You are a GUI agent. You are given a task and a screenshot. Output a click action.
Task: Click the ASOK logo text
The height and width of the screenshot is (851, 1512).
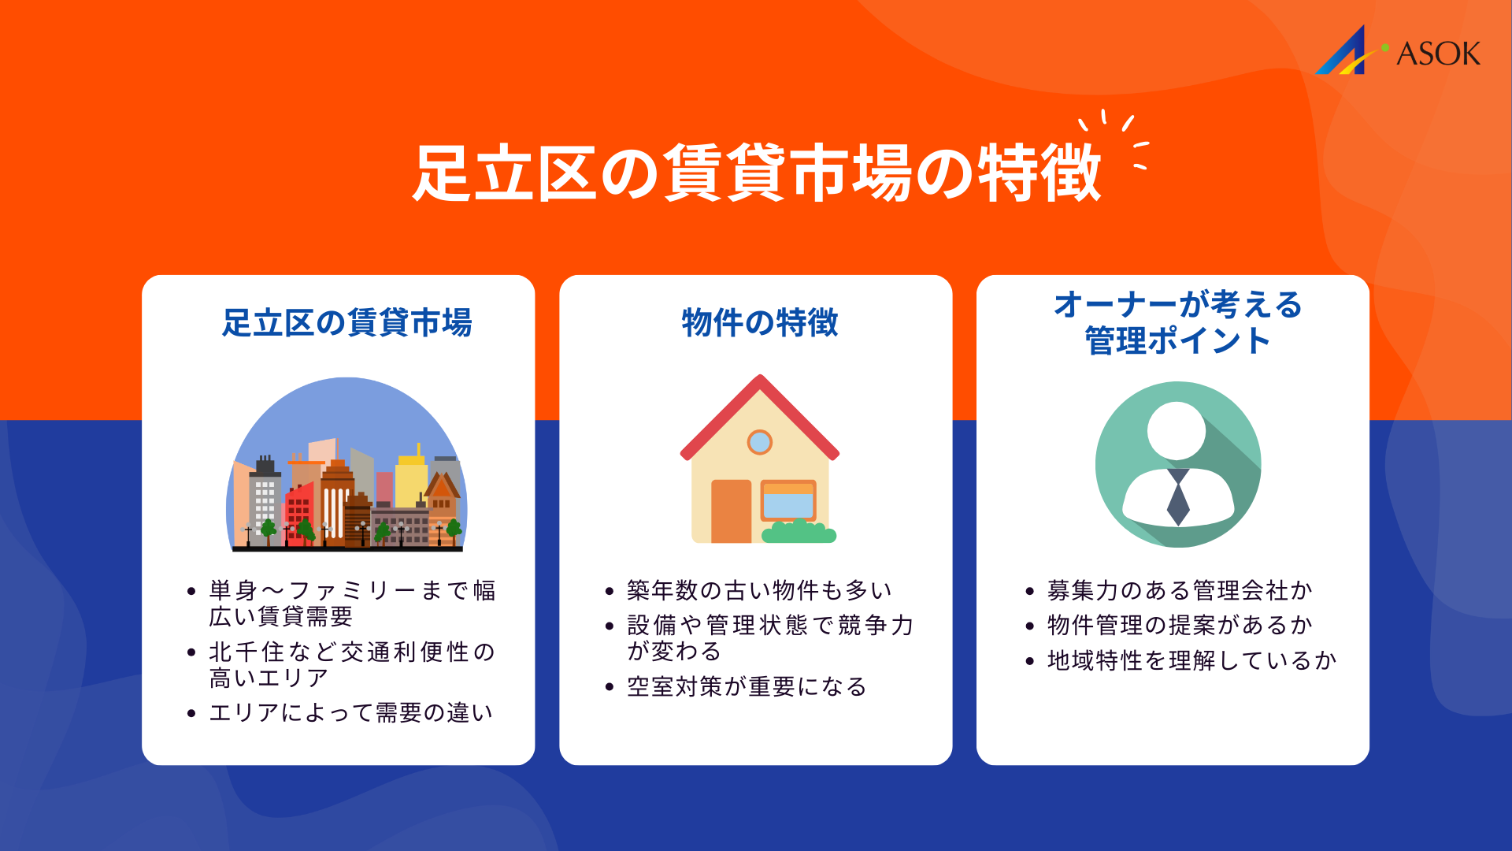(x=1438, y=54)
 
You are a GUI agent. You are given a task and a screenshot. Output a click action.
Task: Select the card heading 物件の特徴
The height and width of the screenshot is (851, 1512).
(x=759, y=323)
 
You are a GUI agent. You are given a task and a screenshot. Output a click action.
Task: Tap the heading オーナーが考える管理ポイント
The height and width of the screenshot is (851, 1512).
(x=1177, y=323)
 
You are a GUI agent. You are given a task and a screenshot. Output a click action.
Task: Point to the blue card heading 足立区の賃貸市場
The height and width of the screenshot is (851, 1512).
(x=346, y=323)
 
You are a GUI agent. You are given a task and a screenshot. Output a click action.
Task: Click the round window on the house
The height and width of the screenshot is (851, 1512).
(x=760, y=442)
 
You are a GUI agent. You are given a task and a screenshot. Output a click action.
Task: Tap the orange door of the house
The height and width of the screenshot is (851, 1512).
(x=731, y=511)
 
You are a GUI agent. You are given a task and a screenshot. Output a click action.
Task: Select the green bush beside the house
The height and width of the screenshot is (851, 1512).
(x=799, y=532)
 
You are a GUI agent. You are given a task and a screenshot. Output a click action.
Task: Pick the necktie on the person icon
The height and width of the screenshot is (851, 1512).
(x=1178, y=498)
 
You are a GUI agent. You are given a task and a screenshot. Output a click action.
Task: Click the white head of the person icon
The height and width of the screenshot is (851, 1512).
(x=1177, y=431)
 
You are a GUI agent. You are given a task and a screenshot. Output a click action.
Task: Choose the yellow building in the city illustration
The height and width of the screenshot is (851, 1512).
(x=410, y=481)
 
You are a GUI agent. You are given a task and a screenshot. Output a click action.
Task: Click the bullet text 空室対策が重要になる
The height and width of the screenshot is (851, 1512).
(x=747, y=687)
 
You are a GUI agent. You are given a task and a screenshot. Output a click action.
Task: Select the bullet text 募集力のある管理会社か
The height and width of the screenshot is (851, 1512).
(x=1180, y=590)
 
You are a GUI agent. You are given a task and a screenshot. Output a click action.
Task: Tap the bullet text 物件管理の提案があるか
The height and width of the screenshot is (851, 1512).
(x=1180, y=626)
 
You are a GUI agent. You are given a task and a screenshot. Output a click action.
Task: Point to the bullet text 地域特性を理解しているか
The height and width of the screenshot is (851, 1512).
(x=1191, y=660)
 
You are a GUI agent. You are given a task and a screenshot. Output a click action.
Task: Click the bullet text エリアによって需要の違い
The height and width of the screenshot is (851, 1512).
(x=351, y=713)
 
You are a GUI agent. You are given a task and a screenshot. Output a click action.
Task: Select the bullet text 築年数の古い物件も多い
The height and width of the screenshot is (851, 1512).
(x=759, y=590)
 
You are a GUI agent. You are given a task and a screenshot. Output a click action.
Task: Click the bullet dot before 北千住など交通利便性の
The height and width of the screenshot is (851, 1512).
(x=191, y=652)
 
